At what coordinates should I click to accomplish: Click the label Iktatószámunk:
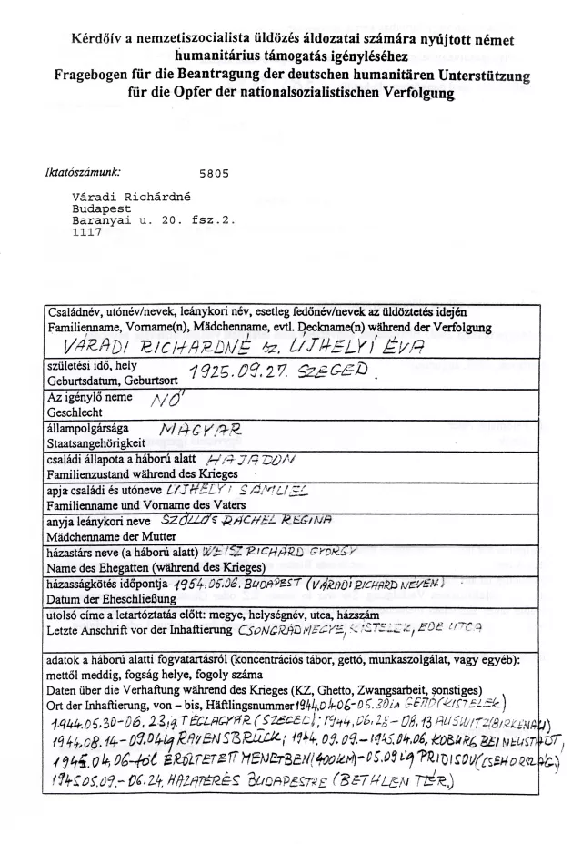pos(83,169)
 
